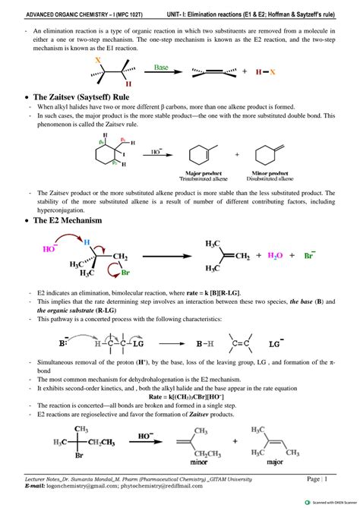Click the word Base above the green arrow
click(x=162, y=66)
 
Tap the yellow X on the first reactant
click(x=97, y=59)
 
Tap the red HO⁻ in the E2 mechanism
click(x=51, y=248)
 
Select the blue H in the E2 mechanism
click(x=87, y=243)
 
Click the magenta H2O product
click(x=273, y=256)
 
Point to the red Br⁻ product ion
click(x=311, y=256)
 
